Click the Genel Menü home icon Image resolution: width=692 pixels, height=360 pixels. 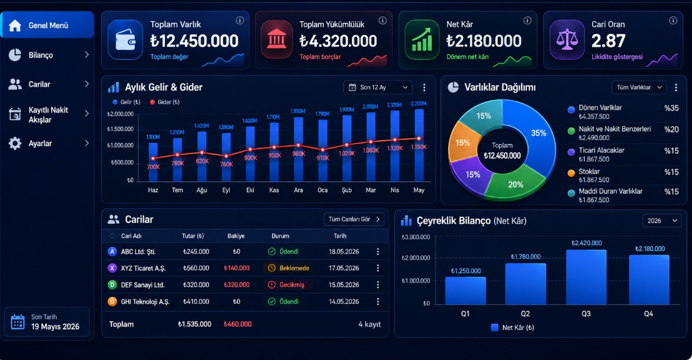(x=15, y=26)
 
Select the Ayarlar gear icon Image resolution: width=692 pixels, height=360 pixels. (x=15, y=144)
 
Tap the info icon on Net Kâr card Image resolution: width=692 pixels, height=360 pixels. (x=527, y=21)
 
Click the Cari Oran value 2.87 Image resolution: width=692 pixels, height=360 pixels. (x=608, y=41)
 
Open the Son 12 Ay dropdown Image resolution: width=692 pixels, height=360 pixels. (x=378, y=87)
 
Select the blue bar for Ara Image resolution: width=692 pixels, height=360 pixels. (x=298, y=149)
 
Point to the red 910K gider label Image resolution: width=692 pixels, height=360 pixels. (x=323, y=158)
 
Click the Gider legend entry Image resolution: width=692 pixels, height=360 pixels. (x=165, y=102)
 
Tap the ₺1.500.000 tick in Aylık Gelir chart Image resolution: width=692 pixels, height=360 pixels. (x=120, y=129)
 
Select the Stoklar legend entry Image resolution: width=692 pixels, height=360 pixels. (x=623, y=175)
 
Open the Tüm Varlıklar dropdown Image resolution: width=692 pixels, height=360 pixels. (x=639, y=87)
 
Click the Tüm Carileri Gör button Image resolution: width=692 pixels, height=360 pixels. (x=354, y=219)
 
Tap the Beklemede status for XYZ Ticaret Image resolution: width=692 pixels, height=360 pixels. (x=289, y=268)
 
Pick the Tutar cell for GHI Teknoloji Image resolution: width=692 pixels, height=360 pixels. (x=196, y=302)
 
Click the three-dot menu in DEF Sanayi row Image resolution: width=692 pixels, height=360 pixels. (x=378, y=285)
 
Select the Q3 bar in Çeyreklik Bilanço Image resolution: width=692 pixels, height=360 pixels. (x=586, y=277)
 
